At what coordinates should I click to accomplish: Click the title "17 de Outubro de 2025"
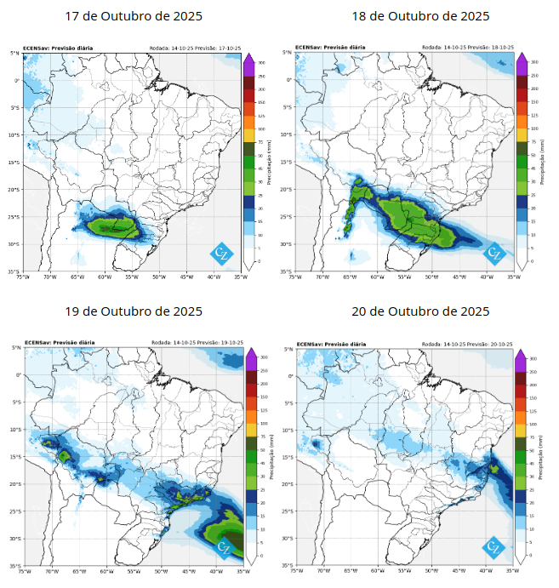pos(134,17)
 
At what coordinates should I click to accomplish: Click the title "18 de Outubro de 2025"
pos(420,17)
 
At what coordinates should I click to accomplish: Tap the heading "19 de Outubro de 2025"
pos(134,311)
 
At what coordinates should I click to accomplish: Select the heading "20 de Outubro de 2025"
pos(420,311)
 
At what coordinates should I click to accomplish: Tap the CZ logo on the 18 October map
pos(493,253)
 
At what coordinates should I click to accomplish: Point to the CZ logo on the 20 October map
pos(493,546)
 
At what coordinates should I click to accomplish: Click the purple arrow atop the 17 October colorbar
pos(248,59)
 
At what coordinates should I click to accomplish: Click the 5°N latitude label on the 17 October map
pos(15,54)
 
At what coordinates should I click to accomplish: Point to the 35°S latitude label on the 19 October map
pos(14,565)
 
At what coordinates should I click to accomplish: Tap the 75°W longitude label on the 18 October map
pos(294,277)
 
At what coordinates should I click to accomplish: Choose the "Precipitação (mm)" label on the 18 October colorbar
pos(541,163)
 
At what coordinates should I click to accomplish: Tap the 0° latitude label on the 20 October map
pos(288,375)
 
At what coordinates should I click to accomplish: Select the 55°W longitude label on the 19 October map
pos(133,571)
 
